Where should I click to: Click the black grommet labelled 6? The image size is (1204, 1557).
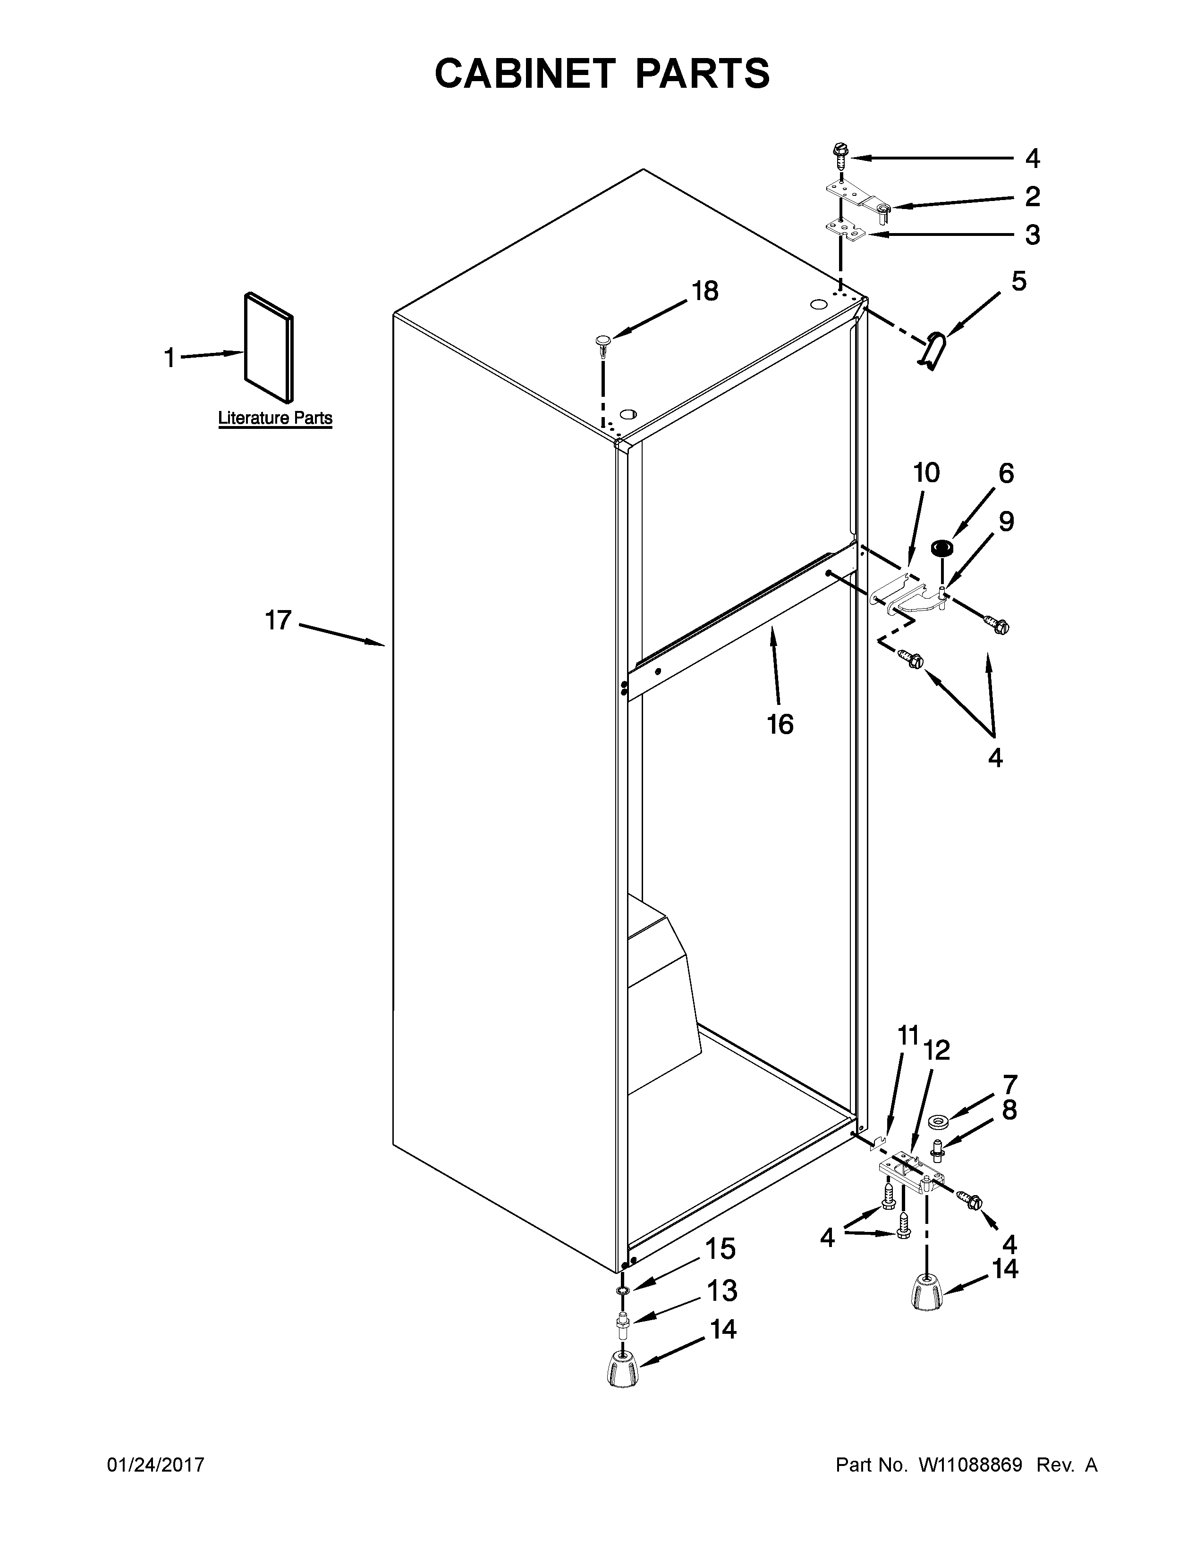coord(943,548)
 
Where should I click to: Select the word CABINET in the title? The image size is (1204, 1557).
coord(524,74)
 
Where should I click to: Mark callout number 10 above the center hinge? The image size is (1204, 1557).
coord(926,473)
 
